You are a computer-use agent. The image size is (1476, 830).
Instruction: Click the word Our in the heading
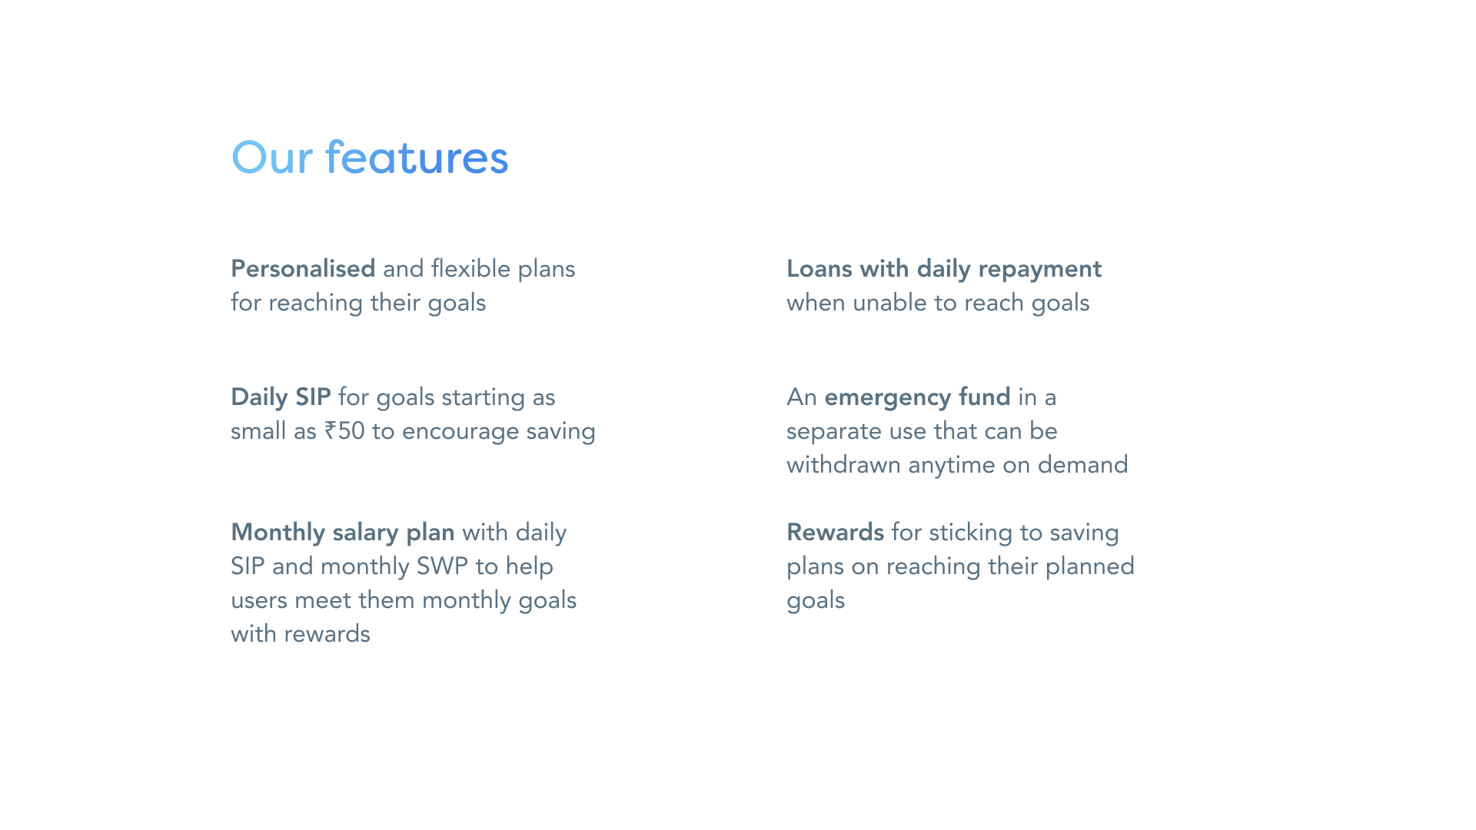pyautogui.click(x=272, y=158)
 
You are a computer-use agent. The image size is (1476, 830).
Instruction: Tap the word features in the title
pyautogui.click(x=417, y=158)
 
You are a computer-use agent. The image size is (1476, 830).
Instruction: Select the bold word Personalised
pyautogui.click(x=303, y=269)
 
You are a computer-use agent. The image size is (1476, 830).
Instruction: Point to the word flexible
pyautogui.click(x=470, y=269)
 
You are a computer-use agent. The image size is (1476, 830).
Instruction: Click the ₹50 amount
pyautogui.click(x=344, y=431)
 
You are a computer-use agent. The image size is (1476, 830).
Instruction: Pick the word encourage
pyautogui.click(x=460, y=433)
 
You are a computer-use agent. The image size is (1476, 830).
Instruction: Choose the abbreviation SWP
pyautogui.click(x=442, y=566)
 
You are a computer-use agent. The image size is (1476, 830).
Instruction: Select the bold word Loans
pyautogui.click(x=819, y=269)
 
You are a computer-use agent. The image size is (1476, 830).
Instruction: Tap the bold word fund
pyautogui.click(x=985, y=397)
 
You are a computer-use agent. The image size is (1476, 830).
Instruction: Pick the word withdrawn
pyautogui.click(x=843, y=465)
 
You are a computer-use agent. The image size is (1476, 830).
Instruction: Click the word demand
pyautogui.click(x=1082, y=465)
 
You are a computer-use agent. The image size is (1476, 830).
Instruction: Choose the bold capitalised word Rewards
pyautogui.click(x=835, y=533)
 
